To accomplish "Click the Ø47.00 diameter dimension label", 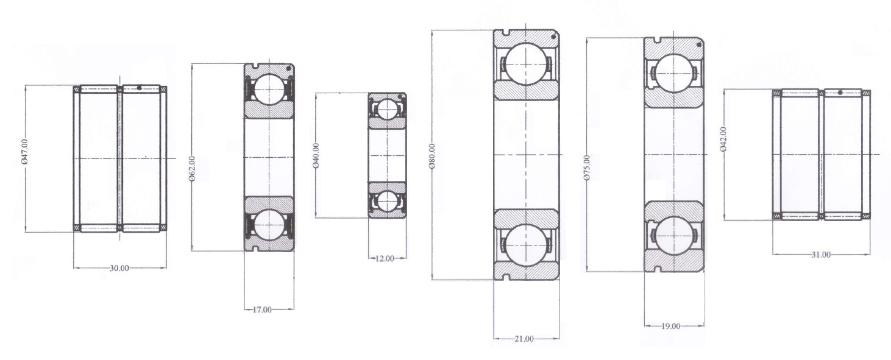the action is coord(24,152).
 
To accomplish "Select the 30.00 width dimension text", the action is coord(119,269).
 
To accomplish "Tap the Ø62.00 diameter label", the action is coord(192,169).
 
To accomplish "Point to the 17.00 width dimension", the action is coord(262,310).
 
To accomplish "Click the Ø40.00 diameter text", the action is coord(316,155).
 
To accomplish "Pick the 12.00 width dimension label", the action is coord(385,259).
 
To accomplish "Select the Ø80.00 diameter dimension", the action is coord(433,156).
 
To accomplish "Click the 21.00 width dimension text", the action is coord(524,339).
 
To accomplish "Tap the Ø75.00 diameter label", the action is coord(587,168).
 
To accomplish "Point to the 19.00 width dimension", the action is coord(670,326).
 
